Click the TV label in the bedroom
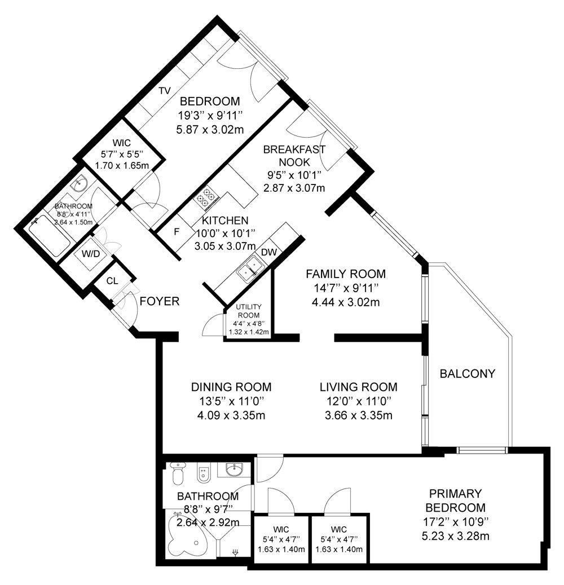click(165, 91)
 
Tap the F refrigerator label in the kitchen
click(177, 232)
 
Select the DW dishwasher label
click(269, 252)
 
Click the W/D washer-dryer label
click(91, 254)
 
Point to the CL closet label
click(112, 281)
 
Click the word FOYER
click(160, 301)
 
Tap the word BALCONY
click(468, 373)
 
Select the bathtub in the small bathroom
click(50, 235)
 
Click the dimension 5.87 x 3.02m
click(210, 129)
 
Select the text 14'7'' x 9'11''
click(346, 288)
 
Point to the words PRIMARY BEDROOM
click(456, 501)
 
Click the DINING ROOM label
click(231, 387)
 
